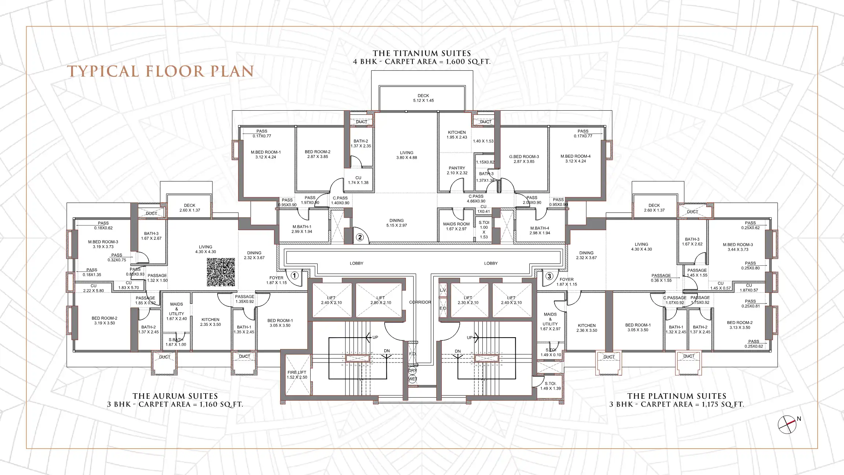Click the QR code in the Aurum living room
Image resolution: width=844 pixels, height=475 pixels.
[x=221, y=272]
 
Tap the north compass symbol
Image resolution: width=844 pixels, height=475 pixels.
[x=787, y=425]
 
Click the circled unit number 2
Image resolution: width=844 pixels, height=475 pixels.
[x=360, y=237]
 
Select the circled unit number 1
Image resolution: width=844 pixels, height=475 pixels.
[x=295, y=275]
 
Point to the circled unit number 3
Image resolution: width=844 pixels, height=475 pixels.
[x=549, y=276]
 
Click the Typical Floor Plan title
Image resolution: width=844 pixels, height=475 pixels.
[x=160, y=71]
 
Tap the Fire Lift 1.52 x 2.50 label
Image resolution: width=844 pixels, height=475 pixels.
[x=297, y=375]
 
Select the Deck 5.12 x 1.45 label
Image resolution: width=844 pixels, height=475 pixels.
[x=423, y=98]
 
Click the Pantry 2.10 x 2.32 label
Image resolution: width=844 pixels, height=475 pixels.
[x=457, y=170]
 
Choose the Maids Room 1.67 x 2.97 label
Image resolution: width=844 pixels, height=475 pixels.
[x=456, y=226]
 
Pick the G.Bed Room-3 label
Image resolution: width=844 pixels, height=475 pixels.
[x=524, y=159]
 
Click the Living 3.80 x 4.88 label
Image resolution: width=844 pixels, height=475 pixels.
[x=407, y=155]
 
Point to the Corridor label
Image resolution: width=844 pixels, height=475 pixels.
[x=420, y=302]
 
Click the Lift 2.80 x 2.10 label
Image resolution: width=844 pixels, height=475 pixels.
[x=381, y=300]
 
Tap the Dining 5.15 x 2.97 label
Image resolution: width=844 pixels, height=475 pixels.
[x=396, y=223]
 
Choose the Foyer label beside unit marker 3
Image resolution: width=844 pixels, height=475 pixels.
[x=567, y=281]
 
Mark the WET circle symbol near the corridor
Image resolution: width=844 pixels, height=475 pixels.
[x=412, y=379]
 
